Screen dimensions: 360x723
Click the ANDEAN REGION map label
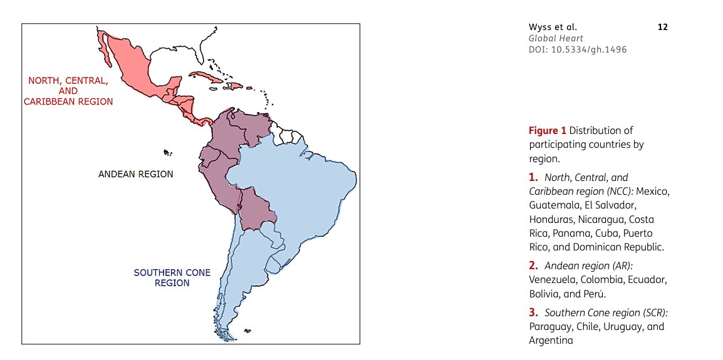click(136, 174)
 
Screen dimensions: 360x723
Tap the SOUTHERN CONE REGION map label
click(172, 278)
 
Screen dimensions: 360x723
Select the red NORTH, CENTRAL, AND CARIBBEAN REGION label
click(68, 91)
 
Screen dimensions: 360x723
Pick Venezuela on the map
click(251, 125)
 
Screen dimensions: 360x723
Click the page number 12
click(663, 27)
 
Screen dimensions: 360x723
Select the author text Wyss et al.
click(553, 27)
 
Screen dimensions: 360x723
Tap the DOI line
click(578, 49)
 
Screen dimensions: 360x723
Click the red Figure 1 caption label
click(548, 130)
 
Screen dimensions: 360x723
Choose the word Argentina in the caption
click(551, 341)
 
